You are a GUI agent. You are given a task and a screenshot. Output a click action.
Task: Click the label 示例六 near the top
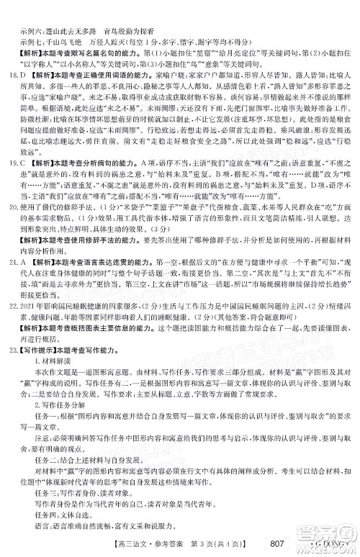click(x=33, y=12)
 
